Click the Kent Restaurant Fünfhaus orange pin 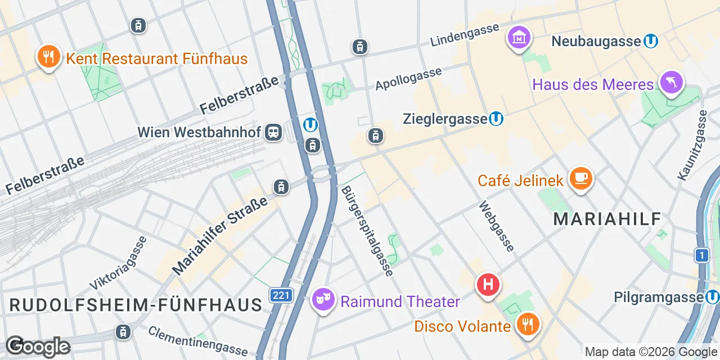(49, 56)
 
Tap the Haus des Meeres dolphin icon (671, 82)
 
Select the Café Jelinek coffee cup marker (580, 178)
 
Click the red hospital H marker (488, 285)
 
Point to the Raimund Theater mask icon (323, 299)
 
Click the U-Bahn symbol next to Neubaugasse (651, 41)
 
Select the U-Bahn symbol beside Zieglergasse (496, 119)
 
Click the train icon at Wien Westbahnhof (274, 132)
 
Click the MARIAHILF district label (607, 219)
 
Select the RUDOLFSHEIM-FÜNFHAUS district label (136, 305)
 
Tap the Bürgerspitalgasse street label (367, 231)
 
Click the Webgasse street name (496, 226)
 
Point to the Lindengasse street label (465, 35)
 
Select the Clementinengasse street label (197, 340)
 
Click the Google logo (38, 346)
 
